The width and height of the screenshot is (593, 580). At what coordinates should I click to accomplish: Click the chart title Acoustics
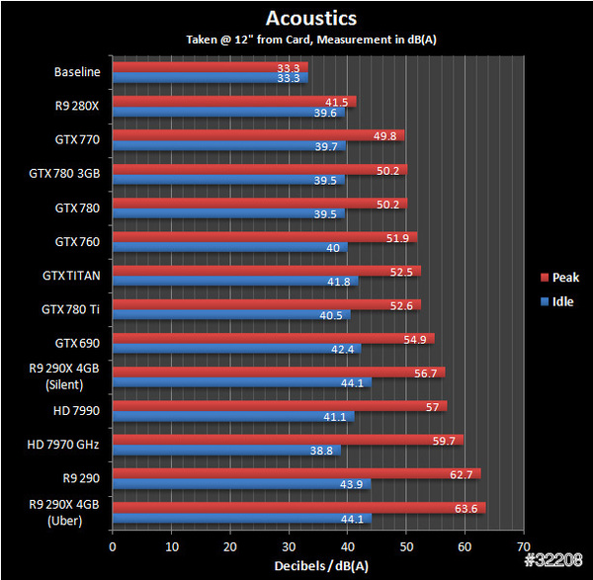coord(311,19)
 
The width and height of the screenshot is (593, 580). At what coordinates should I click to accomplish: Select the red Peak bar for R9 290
coord(296,473)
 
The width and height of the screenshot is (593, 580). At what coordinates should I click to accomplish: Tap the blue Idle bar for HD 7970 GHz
coord(226,450)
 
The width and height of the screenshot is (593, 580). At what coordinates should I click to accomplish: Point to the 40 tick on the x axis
coord(347,545)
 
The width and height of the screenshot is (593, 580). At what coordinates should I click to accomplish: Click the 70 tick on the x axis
coord(523,545)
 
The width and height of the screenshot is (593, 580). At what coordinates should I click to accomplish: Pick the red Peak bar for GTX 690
coord(273,338)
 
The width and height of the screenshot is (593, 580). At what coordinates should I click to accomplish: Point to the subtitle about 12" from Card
coord(311,40)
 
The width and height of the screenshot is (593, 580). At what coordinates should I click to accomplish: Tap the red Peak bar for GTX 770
coord(258,135)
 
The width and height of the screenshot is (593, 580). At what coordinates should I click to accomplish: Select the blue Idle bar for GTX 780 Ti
coord(231,315)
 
